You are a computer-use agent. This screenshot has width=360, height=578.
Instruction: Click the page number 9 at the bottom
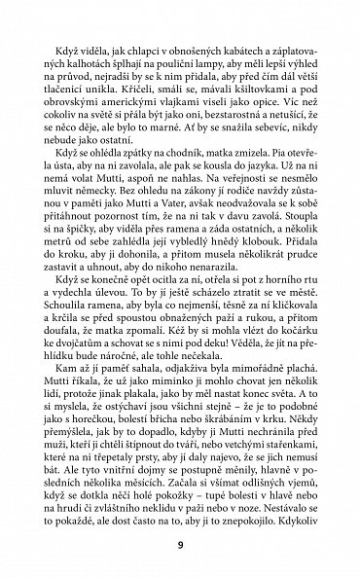click(180, 543)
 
